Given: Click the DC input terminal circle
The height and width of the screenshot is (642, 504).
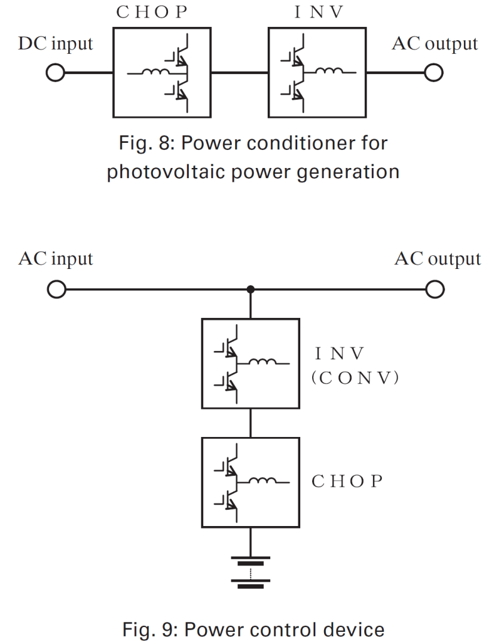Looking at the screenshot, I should (x=55, y=73).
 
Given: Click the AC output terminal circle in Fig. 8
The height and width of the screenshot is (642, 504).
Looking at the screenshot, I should (x=433, y=73).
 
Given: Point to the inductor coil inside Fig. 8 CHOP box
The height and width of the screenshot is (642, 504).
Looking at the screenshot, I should (x=152, y=73).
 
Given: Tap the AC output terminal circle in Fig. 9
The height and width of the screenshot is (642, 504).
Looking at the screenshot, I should (x=433, y=290).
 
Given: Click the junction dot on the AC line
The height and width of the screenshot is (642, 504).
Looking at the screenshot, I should (x=251, y=290).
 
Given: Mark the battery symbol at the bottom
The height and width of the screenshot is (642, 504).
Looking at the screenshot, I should (x=251, y=571).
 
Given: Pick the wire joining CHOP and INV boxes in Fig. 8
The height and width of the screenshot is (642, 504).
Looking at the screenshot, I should (x=240, y=73).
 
